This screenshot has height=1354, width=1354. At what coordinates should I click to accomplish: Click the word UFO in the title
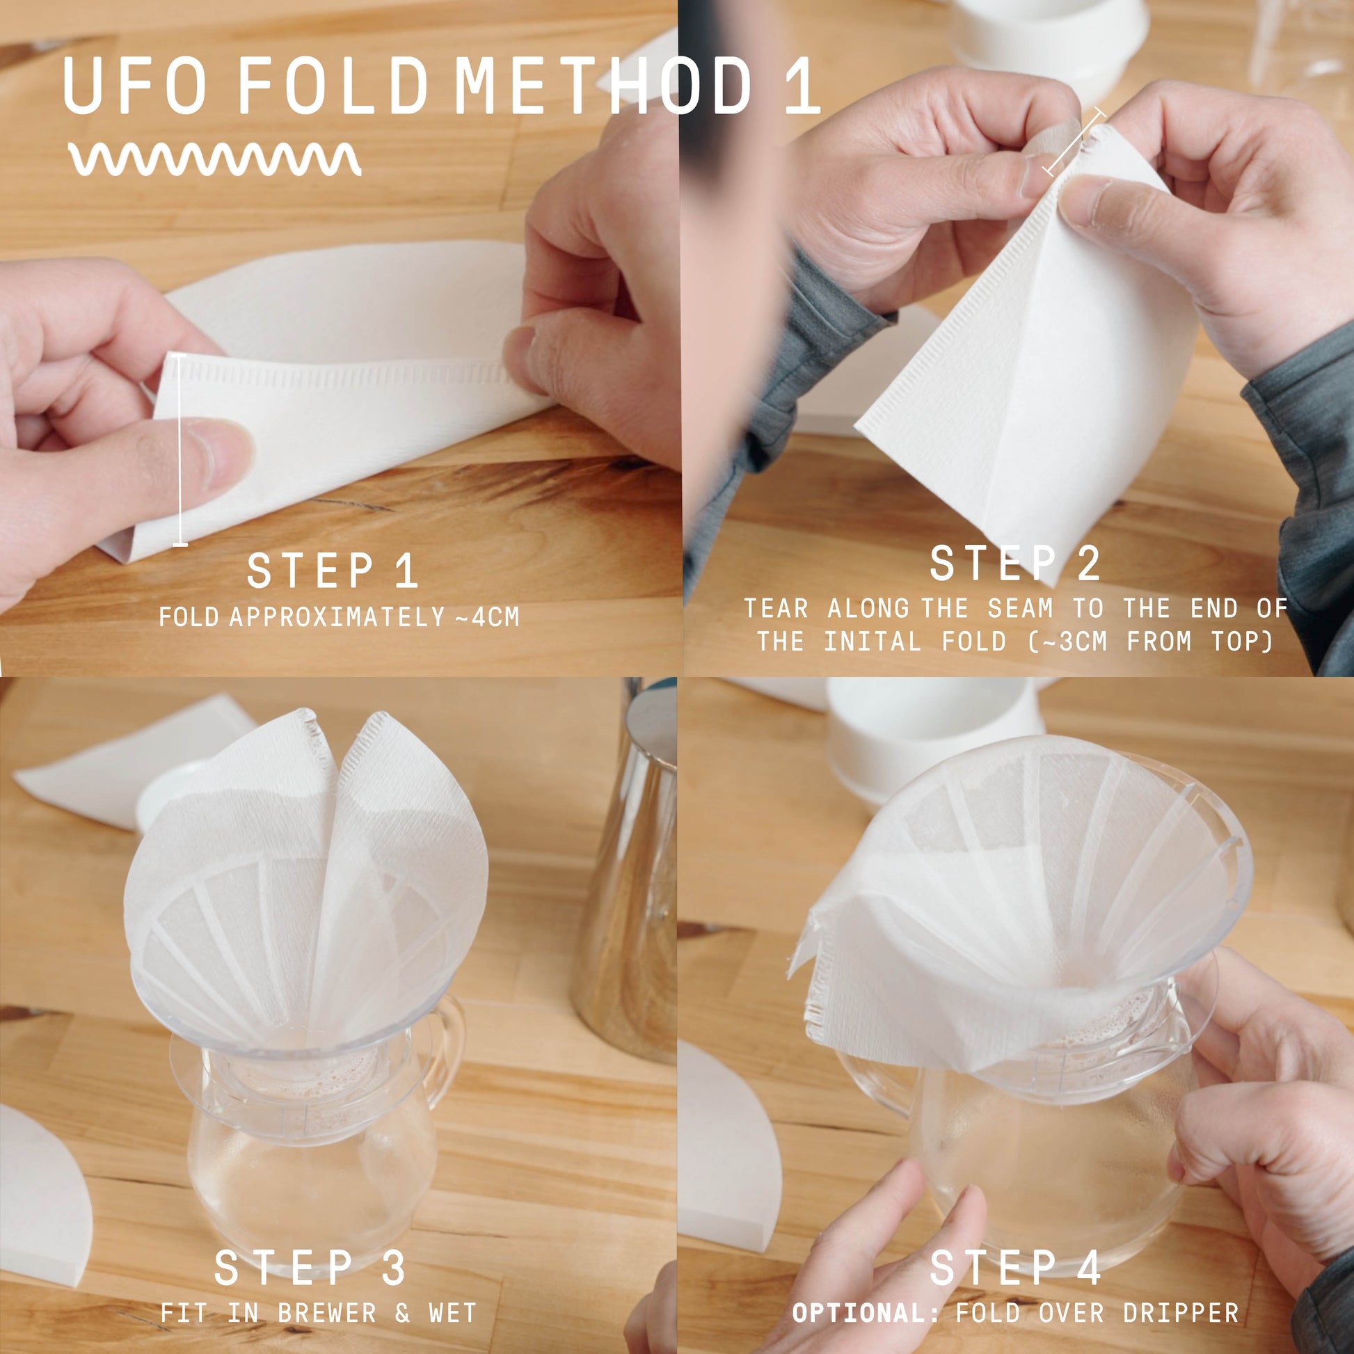(x=134, y=86)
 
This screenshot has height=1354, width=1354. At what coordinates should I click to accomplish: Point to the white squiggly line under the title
(x=215, y=159)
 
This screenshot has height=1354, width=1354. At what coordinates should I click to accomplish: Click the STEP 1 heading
(x=333, y=571)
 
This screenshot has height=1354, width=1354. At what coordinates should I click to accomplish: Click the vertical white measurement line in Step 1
(x=181, y=450)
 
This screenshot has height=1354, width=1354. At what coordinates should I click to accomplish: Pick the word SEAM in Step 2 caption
(x=1021, y=608)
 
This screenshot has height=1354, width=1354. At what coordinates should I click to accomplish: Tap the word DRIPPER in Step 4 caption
(x=1181, y=1313)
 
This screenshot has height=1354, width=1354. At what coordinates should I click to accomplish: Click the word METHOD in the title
(x=603, y=86)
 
